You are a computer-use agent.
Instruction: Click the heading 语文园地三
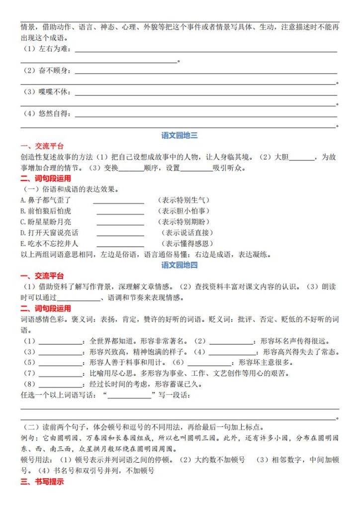pyautogui.click(x=180, y=135)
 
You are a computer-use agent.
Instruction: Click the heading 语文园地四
pyautogui.click(x=180, y=265)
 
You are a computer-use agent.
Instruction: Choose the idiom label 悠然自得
pyautogui.click(x=55, y=114)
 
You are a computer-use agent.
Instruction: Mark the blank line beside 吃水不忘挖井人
pyautogui.click(x=120, y=246)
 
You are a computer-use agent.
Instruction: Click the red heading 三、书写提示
pyautogui.click(x=42, y=482)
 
